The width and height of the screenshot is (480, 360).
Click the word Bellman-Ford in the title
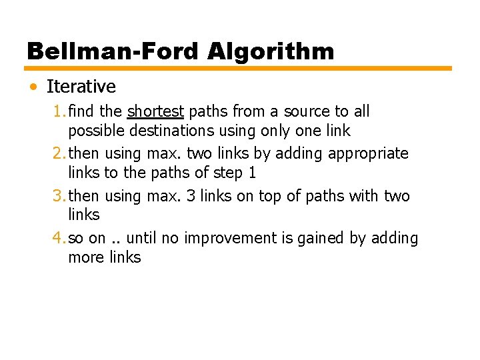pyautogui.click(x=113, y=51)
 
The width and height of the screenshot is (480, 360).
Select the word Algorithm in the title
pyautogui.click(x=270, y=51)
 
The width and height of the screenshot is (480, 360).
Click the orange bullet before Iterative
pyautogui.click(x=33, y=87)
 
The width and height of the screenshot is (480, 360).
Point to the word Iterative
pyautogui.click(x=81, y=87)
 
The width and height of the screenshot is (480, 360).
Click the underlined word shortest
pyautogui.click(x=155, y=111)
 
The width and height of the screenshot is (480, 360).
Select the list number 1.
pyautogui.click(x=57, y=111)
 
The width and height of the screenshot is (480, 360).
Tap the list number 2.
pyautogui.click(x=57, y=153)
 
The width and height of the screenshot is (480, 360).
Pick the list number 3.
pyautogui.click(x=57, y=196)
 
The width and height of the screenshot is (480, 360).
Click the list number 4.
pyautogui.click(x=57, y=238)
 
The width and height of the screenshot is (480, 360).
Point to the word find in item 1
pyautogui.click(x=81, y=111)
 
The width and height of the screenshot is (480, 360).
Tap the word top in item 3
pyautogui.click(x=273, y=197)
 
